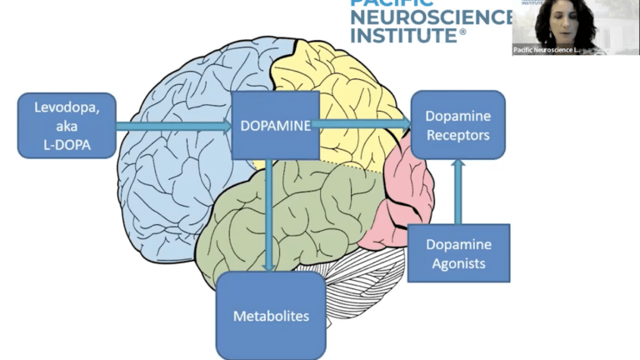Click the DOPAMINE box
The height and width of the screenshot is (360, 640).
pyautogui.click(x=274, y=125)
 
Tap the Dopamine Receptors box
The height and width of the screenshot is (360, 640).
pyautogui.click(x=457, y=125)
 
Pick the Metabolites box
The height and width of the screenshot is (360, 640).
pyautogui.click(x=271, y=316)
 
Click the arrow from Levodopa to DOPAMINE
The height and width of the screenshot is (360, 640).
pyautogui.click(x=173, y=126)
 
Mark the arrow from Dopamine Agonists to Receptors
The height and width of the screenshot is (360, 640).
pyautogui.click(x=457, y=191)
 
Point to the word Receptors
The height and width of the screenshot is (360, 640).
pyautogui.click(x=457, y=135)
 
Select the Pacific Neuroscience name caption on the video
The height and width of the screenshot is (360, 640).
pyautogui.click(x=547, y=50)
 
